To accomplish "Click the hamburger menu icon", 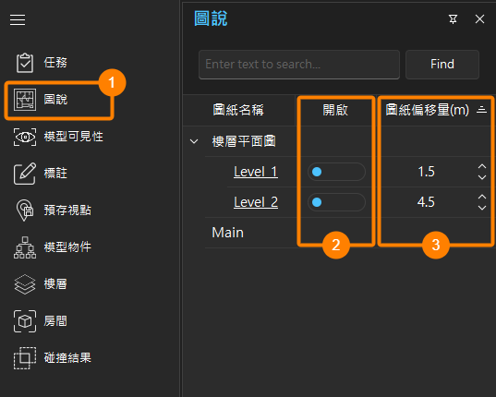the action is tap(18, 20).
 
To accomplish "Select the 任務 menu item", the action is tap(42, 63).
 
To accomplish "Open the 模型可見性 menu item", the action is tap(58, 137).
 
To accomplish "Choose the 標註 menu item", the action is tap(41, 174).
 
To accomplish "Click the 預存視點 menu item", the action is tap(54, 210).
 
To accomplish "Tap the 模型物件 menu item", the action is tap(53, 247).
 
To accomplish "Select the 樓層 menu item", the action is tap(41, 283).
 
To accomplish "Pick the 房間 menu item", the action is tap(41, 320).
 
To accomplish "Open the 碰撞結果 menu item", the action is tap(53, 358).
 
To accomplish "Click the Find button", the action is tap(442, 65).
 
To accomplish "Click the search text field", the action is tap(299, 65).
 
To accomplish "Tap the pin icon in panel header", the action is tap(453, 19).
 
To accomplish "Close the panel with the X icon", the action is tap(479, 19).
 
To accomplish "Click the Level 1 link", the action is tap(256, 172).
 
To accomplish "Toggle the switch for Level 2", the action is tap(336, 202).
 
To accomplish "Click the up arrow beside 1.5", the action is tap(482, 166).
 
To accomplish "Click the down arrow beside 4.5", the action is tap(482, 208).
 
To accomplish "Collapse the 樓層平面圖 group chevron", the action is tap(194, 141).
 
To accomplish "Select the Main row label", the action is tap(228, 233).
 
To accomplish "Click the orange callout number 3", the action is tap(436, 245).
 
